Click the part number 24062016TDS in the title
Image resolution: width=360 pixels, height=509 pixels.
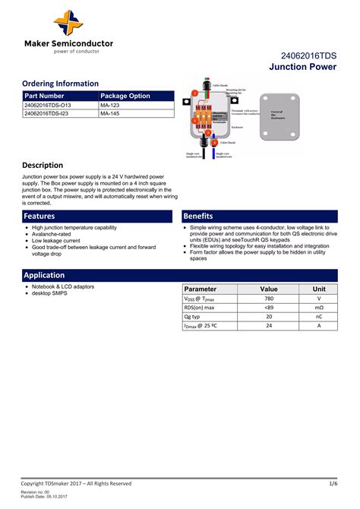pos(308,55)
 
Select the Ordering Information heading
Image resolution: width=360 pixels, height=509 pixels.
pos(60,84)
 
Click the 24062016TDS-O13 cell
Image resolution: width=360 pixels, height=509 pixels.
pos(48,105)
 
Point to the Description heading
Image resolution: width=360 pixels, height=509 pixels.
pos(43,165)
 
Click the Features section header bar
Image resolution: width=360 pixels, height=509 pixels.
pos(99,217)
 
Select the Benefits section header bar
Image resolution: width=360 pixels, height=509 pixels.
pos(259,217)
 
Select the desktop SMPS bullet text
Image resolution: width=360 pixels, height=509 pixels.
pos(49,292)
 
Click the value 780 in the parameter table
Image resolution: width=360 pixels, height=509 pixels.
pos(269,299)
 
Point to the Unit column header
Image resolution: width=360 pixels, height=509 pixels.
pos(319,289)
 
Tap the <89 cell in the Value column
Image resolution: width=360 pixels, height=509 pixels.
pos(269,308)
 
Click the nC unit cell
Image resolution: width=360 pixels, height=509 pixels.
pos(319,317)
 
